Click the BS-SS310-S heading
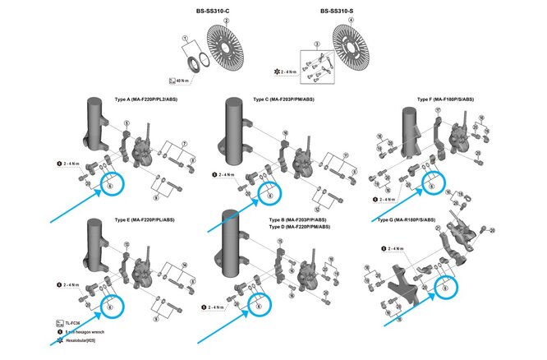pyautogui.click(x=338, y=12)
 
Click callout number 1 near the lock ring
pyautogui.click(x=186, y=38)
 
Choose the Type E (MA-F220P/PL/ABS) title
pyautogui.click(x=151, y=220)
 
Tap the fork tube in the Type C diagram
pyautogui.click(x=232, y=136)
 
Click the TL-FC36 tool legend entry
pyautogui.click(x=74, y=325)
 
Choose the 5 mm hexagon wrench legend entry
pyautogui.click(x=85, y=332)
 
